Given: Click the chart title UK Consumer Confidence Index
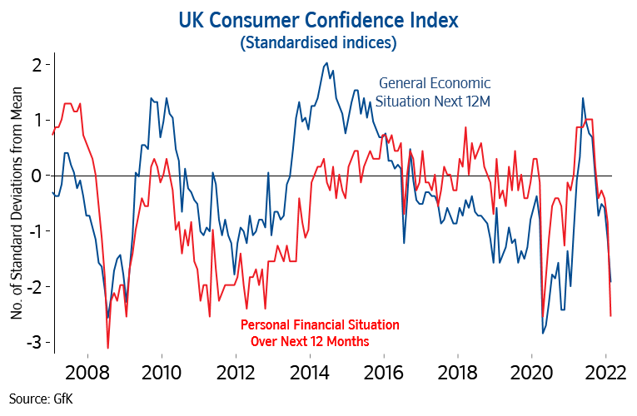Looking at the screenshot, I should pos(317,18).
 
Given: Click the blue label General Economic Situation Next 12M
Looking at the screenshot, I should pos(434,92).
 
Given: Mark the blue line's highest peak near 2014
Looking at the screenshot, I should pos(326,63).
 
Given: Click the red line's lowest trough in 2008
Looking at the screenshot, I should pos(107,348).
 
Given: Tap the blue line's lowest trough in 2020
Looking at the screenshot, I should pos(543,334).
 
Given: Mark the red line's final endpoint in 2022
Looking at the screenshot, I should pos(611,315).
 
